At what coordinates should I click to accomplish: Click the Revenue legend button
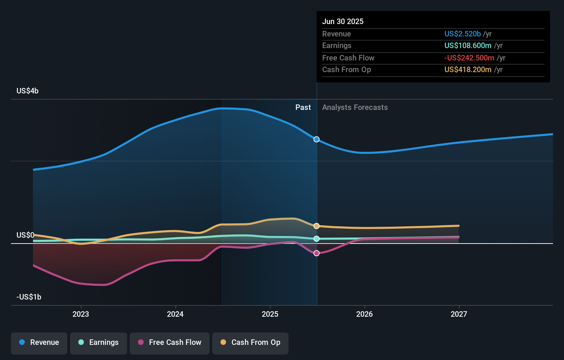(39, 342)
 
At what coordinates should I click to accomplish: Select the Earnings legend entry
(99, 342)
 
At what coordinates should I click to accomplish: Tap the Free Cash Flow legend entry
(170, 342)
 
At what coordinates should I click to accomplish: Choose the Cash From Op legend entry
(250, 342)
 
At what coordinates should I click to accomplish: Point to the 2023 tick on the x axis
(81, 314)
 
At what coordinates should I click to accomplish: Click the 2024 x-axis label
(175, 314)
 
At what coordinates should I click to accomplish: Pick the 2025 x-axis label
(270, 314)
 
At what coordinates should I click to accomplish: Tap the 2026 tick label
(364, 314)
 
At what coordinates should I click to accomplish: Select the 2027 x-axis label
(459, 314)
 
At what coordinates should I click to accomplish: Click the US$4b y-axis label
(27, 91)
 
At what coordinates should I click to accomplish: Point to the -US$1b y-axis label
(29, 297)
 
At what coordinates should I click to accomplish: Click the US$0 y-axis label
(25, 235)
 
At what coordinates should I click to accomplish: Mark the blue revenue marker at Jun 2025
(317, 139)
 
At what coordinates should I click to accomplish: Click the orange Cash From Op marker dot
(317, 226)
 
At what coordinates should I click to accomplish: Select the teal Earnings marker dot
(317, 239)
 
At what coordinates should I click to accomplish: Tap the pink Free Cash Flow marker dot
(317, 253)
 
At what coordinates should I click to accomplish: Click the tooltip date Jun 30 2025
(343, 22)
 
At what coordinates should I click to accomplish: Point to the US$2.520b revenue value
(462, 34)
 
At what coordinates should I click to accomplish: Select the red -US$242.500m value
(469, 58)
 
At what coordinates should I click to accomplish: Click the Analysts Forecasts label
(355, 108)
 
